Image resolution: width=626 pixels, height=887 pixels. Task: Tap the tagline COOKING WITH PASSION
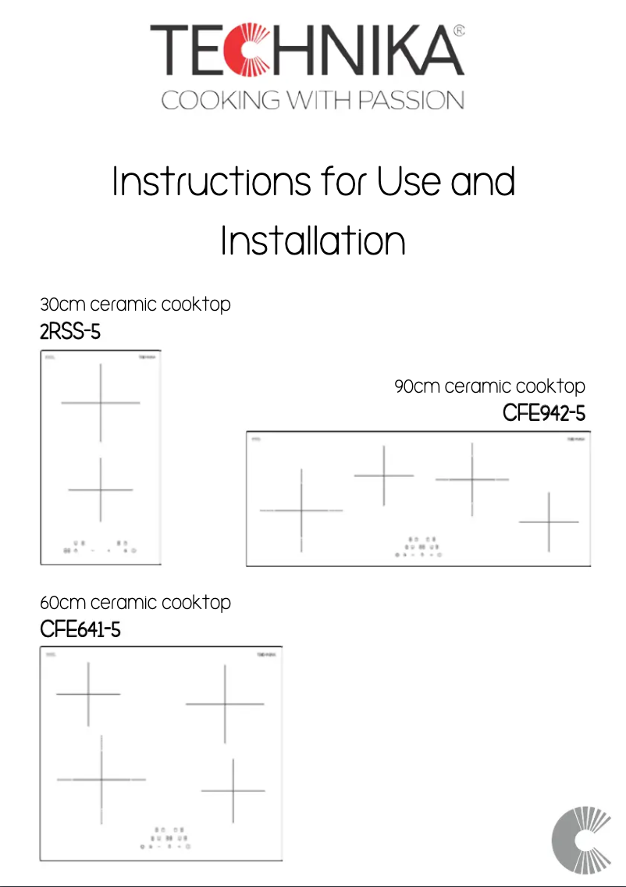click(312, 101)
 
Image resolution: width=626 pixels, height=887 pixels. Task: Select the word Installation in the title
click(312, 241)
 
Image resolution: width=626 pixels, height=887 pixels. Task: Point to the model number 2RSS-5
click(70, 332)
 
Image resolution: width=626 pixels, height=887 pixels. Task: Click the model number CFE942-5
click(543, 413)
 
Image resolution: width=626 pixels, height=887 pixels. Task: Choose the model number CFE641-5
click(80, 629)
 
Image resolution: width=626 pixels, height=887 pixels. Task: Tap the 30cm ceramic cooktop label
click(135, 304)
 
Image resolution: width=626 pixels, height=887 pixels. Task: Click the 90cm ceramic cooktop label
click(489, 386)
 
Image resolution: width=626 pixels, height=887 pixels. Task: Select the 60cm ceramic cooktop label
click(135, 602)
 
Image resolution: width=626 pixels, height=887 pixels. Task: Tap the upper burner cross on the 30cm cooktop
click(101, 403)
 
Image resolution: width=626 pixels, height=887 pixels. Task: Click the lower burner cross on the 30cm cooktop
click(101, 490)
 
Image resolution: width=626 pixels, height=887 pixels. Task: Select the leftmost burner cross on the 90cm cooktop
click(301, 511)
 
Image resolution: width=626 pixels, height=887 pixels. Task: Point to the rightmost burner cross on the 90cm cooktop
click(550, 522)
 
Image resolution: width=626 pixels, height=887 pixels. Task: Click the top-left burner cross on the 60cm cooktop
click(88, 693)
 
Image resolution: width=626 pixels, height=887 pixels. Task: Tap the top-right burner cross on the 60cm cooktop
click(225, 704)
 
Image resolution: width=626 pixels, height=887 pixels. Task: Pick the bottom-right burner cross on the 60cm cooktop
click(233, 791)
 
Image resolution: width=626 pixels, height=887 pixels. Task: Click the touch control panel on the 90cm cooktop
click(418, 547)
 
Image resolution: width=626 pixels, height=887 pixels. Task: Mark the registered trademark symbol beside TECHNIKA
click(459, 31)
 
